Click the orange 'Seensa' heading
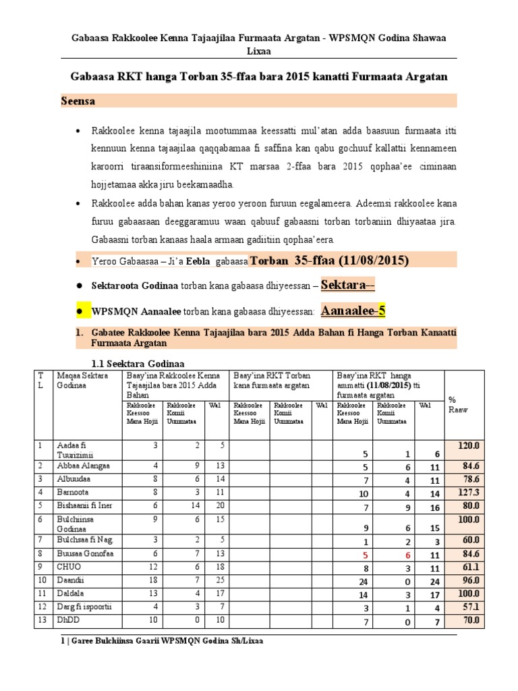pos(79,101)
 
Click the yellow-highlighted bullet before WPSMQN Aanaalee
pos(80,311)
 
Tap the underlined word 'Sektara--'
pos(348,285)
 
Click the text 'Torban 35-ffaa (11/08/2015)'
pos(329,260)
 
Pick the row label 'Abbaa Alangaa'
pos(84,466)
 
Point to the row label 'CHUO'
pos(69,567)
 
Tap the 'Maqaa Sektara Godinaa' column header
pos(80,380)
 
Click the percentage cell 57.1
pos(469,607)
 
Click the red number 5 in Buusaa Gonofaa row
pos(365,555)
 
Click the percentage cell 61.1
pos(469,567)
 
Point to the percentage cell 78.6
pos(469,478)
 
